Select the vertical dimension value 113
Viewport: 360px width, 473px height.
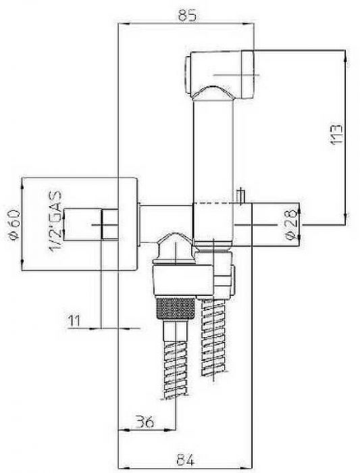pyautogui.click(x=337, y=134)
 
